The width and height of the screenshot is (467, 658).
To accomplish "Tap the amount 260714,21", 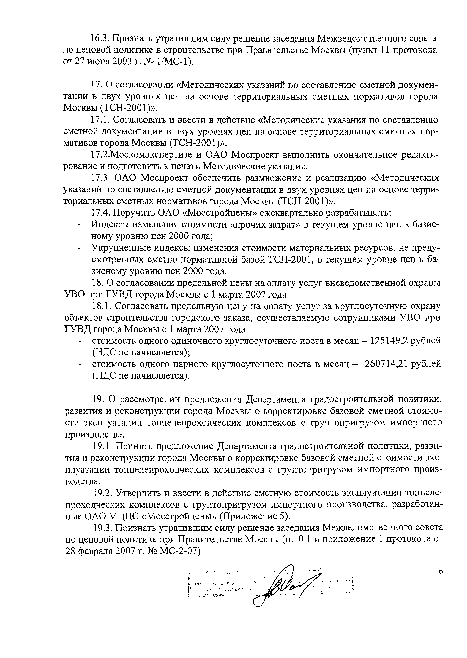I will tap(386, 364).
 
